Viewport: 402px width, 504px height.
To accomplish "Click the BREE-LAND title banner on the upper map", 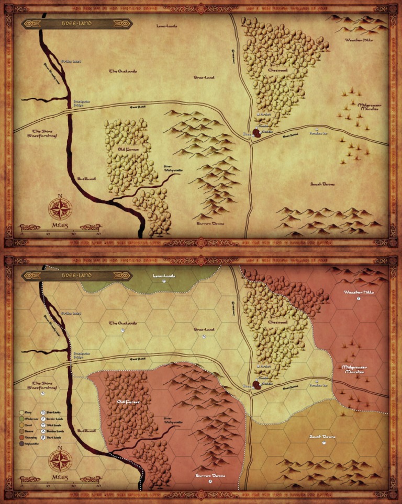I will [x=75, y=24].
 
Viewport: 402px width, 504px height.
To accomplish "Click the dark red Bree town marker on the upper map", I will [x=257, y=133].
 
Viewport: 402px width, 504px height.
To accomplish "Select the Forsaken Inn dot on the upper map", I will [x=316, y=129].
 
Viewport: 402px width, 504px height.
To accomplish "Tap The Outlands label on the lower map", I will [x=122, y=324].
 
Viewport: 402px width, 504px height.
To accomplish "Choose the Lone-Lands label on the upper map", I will [x=166, y=25].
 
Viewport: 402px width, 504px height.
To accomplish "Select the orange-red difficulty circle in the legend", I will [x=21, y=435].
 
